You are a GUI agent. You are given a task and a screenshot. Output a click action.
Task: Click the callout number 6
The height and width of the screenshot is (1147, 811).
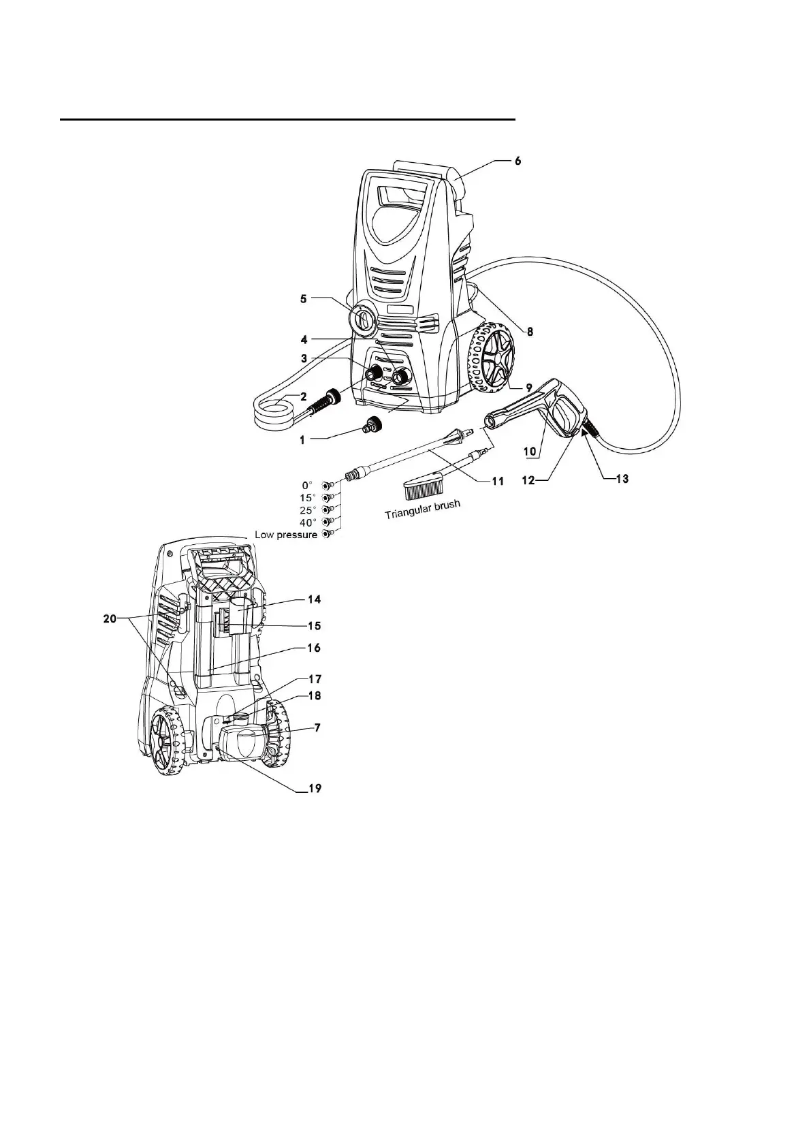click(x=518, y=161)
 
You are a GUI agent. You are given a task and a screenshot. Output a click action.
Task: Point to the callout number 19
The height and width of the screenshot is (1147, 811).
click(x=314, y=789)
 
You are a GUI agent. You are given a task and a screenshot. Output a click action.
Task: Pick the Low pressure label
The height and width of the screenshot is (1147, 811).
click(x=286, y=535)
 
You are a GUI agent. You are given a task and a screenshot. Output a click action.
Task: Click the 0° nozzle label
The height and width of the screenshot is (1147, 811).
click(x=306, y=485)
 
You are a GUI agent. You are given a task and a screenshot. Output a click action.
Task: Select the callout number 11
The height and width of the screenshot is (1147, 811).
click(x=497, y=482)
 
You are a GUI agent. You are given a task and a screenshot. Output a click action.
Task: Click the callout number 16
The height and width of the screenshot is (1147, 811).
click(x=314, y=648)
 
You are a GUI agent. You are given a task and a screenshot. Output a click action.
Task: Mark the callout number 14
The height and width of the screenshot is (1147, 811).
click(x=314, y=599)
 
